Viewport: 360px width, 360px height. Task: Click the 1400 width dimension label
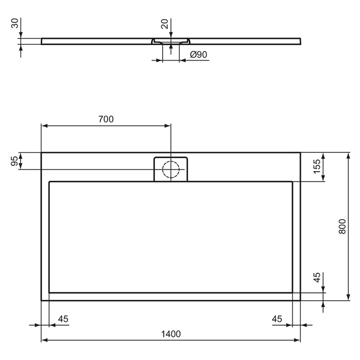point(171,334)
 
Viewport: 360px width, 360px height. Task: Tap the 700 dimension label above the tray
point(106,119)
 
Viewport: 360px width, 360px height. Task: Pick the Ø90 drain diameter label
point(198,55)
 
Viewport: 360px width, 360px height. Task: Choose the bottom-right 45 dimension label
point(277,319)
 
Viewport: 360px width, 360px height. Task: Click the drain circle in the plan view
point(171,169)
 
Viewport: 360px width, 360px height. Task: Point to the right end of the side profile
point(301,41)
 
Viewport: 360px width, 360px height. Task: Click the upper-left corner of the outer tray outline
point(41,152)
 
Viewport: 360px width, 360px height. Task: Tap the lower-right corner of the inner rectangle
point(292,292)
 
